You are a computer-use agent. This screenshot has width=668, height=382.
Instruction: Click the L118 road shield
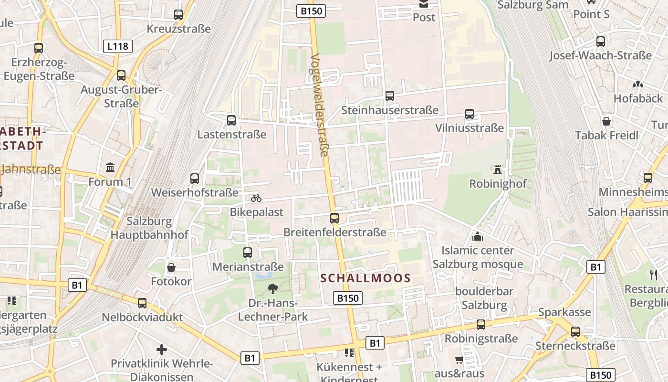(117, 46)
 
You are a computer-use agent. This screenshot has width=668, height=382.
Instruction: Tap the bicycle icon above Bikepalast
(256, 198)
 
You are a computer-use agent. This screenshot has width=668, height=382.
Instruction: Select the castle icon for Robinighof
(498, 170)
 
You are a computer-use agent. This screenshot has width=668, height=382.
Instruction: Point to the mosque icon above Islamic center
(477, 236)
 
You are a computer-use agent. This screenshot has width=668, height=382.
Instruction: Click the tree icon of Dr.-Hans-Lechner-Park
(272, 288)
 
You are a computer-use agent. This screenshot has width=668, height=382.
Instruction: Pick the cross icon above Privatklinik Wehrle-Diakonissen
(162, 350)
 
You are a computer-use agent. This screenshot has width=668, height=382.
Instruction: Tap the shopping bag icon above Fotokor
(171, 267)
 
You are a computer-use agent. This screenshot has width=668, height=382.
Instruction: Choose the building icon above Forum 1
(110, 167)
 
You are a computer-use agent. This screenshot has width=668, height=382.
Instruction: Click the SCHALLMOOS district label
(365, 278)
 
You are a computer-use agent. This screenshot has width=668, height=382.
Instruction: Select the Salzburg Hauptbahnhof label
(149, 228)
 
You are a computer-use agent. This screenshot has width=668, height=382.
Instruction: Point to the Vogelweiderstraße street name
(319, 105)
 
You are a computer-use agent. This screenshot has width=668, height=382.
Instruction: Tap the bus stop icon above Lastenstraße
(231, 120)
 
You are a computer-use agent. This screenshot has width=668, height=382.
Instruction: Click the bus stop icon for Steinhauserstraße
(390, 96)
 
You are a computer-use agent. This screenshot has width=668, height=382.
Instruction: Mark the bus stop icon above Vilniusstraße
(470, 114)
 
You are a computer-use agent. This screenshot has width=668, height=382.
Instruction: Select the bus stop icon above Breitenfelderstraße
(334, 218)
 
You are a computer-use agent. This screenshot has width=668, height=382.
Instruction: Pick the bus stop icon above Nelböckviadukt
(142, 303)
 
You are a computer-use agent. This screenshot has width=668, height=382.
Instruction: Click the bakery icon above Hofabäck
(637, 85)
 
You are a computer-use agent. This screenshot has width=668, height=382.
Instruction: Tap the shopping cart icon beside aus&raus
(459, 360)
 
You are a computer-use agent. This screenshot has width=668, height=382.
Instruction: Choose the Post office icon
(424, 4)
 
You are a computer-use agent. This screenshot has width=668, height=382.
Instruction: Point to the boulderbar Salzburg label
(484, 298)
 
